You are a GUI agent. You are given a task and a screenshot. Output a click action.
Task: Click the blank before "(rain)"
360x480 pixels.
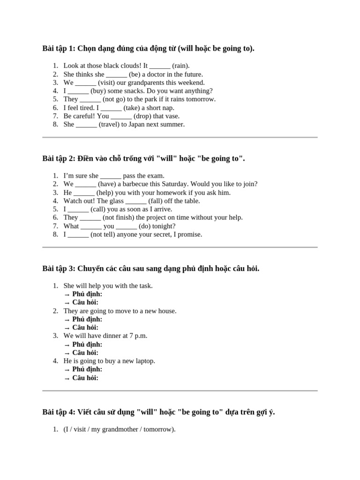tap(160, 66)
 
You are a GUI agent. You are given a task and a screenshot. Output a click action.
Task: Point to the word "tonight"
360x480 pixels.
tap(164, 226)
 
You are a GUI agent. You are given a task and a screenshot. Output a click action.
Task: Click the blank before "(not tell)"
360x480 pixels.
tap(78, 234)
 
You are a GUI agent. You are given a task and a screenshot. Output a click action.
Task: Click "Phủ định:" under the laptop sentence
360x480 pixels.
tap(87, 369)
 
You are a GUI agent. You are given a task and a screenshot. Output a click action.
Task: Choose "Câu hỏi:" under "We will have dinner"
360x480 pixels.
tap(85, 352)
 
